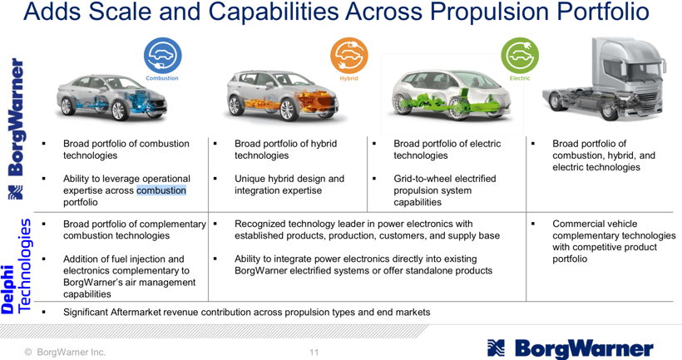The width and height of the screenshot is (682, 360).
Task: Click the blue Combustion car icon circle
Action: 163,55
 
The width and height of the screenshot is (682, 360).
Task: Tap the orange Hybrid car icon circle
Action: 348,55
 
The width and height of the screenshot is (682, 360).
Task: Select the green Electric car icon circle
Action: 520,55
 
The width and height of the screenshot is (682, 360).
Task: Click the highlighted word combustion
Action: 161,190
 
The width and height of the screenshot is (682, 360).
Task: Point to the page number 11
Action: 314,353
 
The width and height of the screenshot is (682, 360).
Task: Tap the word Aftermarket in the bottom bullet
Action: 136,312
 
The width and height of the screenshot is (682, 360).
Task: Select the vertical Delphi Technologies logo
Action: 17,266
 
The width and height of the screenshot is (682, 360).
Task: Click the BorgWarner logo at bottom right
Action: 571,348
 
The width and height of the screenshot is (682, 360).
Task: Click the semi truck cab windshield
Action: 640,70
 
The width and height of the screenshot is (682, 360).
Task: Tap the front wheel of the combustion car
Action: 119,111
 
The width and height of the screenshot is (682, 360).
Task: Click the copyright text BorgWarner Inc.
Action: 71,353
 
